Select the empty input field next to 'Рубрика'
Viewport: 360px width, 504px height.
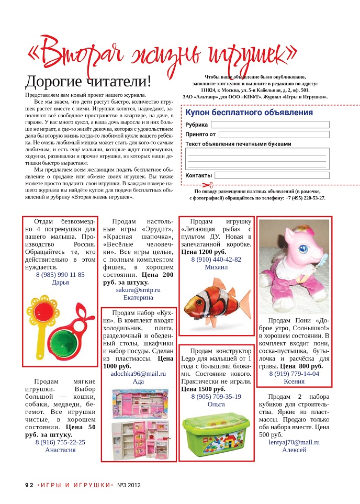click(x=270, y=125)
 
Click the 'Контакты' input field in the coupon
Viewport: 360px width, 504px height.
click(x=271, y=175)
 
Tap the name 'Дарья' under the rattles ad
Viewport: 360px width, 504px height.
click(x=60, y=283)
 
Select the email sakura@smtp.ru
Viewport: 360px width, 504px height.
click(x=138, y=289)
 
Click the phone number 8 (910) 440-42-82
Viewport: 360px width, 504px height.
click(x=216, y=259)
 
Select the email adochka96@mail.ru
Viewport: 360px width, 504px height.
click(x=138, y=374)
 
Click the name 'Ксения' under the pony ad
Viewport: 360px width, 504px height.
click(x=294, y=382)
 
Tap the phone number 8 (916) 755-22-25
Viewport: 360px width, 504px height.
click(x=60, y=442)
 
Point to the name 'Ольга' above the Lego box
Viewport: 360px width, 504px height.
click(x=216, y=404)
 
